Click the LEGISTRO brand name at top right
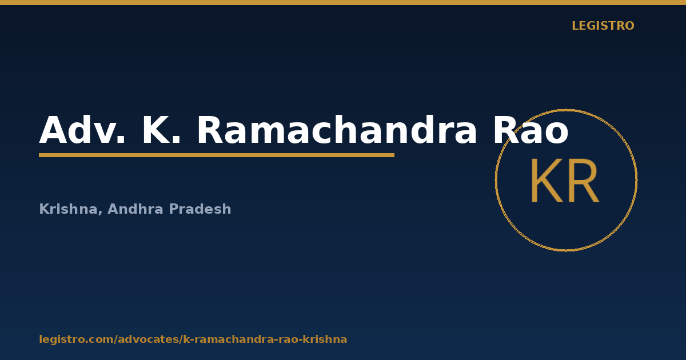[x=603, y=26]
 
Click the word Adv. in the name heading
[x=82, y=130]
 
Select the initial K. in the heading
[x=161, y=130]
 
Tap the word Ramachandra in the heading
[x=337, y=130]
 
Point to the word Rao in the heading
[x=531, y=130]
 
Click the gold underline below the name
[x=217, y=155]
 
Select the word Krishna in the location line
[x=68, y=209]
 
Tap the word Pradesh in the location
[x=200, y=209]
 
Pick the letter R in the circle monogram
[x=583, y=181]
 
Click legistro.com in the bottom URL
[x=76, y=339]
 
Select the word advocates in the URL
[x=148, y=339]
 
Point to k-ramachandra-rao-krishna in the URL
[x=265, y=339]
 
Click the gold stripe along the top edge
[x=343, y=2]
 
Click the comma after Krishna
[x=100, y=213]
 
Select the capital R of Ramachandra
[x=210, y=130]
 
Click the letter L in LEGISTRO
[x=576, y=26]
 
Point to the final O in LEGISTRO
[x=629, y=26]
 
